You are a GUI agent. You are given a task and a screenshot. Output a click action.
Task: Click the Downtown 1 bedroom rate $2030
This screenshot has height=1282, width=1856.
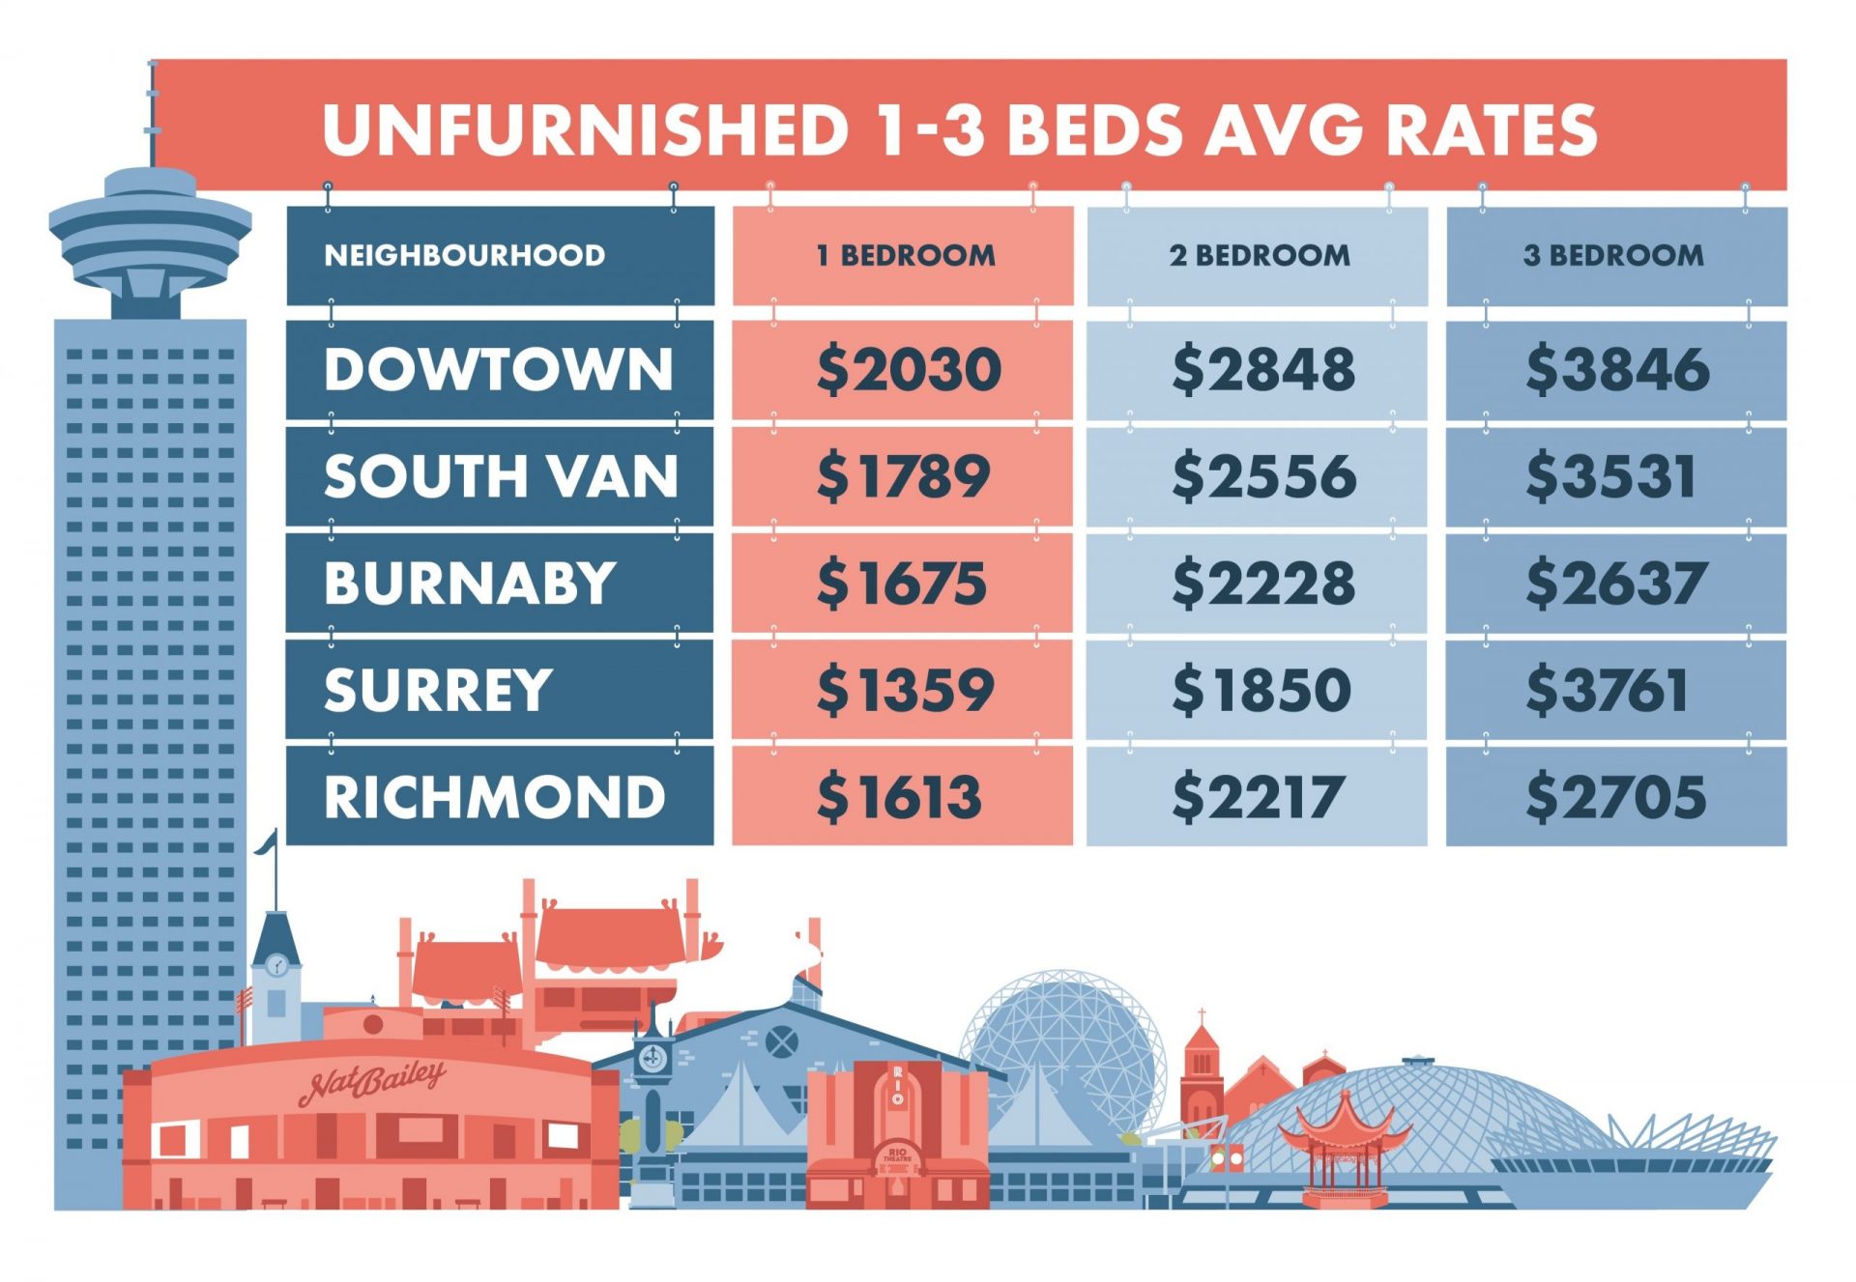[x=909, y=370]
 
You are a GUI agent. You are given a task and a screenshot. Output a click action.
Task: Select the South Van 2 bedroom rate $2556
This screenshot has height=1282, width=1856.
[x=1263, y=476]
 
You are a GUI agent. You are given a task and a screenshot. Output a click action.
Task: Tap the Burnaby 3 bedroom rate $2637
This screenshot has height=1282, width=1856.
[x=1616, y=584]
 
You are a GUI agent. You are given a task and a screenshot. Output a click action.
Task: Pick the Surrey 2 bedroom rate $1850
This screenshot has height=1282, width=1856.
[x=1261, y=690]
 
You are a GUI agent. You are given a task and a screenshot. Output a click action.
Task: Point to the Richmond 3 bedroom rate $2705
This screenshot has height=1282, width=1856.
[x=1616, y=797]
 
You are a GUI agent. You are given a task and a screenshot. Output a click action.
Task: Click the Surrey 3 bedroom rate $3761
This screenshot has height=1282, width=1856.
[x=1607, y=690]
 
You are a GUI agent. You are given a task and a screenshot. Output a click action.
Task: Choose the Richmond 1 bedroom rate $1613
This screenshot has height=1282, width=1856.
[x=899, y=797]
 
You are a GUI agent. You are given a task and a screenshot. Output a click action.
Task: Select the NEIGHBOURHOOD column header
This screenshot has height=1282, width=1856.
[x=465, y=255]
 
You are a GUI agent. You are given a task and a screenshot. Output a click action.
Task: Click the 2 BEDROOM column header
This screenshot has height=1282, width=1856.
[x=1260, y=255]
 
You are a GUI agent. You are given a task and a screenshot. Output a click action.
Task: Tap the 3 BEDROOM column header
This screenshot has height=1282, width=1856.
[x=1613, y=255]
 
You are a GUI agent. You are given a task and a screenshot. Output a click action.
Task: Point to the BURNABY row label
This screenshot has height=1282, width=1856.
[x=470, y=583]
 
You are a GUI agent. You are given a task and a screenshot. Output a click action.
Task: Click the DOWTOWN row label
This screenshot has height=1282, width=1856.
[x=498, y=369]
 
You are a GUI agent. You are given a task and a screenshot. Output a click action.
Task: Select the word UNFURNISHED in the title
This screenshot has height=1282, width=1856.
[x=586, y=129]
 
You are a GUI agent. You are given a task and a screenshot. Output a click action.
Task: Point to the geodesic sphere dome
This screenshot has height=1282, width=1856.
[x=1061, y=1043]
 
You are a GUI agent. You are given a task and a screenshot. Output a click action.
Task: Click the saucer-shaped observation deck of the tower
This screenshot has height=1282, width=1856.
[x=150, y=230]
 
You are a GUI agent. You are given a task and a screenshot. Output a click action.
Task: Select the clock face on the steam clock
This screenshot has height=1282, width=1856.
[x=653, y=1059]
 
